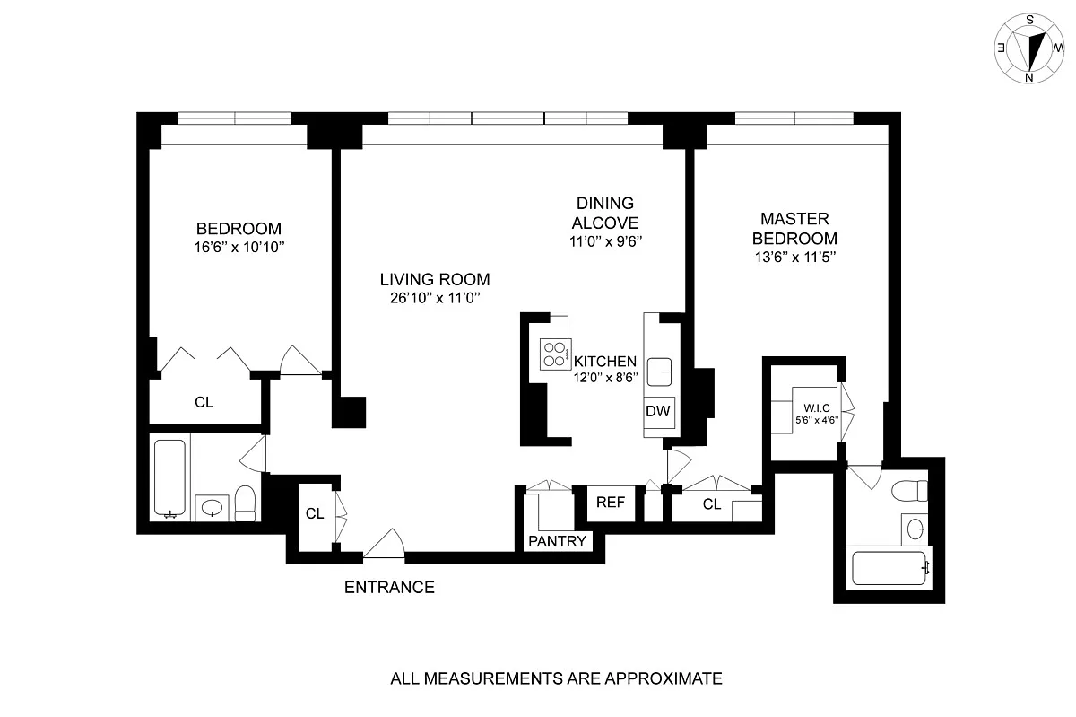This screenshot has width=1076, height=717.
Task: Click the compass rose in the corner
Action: click(1029, 48)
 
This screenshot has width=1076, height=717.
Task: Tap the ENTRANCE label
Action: click(389, 587)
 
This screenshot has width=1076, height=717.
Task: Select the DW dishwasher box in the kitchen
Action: click(658, 412)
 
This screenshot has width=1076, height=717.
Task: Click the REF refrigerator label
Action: click(611, 502)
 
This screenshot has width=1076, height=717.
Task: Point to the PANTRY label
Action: click(557, 541)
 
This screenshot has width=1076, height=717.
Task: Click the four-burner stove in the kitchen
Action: click(555, 354)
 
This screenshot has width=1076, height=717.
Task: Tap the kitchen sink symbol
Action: click(659, 372)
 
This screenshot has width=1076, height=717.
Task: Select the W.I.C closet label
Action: click(817, 407)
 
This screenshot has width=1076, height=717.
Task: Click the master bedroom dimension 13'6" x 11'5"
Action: click(795, 258)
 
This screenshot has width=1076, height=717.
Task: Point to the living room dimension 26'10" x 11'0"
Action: click(435, 298)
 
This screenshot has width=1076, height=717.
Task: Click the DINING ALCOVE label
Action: click(604, 213)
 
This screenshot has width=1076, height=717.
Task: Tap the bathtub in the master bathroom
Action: click(889, 568)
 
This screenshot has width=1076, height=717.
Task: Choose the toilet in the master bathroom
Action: click(909, 491)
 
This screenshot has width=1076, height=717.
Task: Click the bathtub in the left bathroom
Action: click(169, 477)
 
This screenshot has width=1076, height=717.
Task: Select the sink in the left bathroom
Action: click(212, 507)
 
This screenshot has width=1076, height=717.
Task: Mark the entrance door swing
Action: click(385, 544)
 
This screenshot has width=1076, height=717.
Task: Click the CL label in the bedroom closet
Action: click(204, 402)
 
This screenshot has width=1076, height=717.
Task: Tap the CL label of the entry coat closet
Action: click(315, 513)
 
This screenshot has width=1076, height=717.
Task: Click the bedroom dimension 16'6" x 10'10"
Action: click(239, 247)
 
